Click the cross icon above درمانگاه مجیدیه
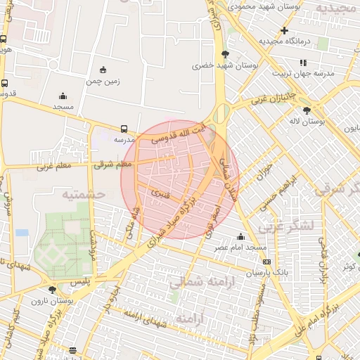pyautogui.click(x=284, y=30)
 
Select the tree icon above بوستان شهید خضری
pyautogui.click(x=224, y=53)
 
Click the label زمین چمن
pyautogui.click(x=103, y=81)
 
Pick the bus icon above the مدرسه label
pyautogui.click(x=124, y=129)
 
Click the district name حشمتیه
pyautogui.click(x=82, y=193)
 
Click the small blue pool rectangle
pyautogui.click(x=22, y=232)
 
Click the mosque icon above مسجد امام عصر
pyautogui.click(x=241, y=236)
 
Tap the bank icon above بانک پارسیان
pyautogui.click(x=266, y=261)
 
